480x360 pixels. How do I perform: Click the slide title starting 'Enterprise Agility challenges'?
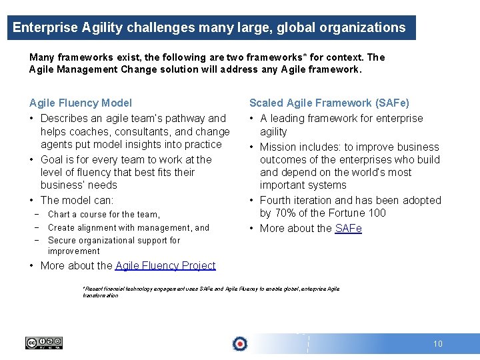click(x=209, y=27)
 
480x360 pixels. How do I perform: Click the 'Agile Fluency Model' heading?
click(x=81, y=103)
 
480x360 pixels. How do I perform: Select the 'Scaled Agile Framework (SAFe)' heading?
click(x=329, y=103)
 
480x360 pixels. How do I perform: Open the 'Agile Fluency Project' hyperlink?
click(x=165, y=265)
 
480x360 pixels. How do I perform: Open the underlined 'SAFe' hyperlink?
click(x=348, y=228)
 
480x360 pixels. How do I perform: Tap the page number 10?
click(x=437, y=344)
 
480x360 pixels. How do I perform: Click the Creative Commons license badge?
click(x=44, y=343)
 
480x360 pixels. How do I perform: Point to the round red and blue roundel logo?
click(x=239, y=344)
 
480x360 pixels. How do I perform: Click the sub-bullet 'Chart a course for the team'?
click(x=104, y=215)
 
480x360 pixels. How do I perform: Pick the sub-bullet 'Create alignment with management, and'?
click(x=129, y=227)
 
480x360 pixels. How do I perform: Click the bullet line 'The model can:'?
click(x=77, y=200)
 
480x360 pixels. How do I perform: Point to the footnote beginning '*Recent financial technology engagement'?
click(x=211, y=292)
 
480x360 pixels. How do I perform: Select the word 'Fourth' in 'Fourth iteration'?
click(x=275, y=200)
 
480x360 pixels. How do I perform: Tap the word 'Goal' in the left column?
click(x=52, y=159)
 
